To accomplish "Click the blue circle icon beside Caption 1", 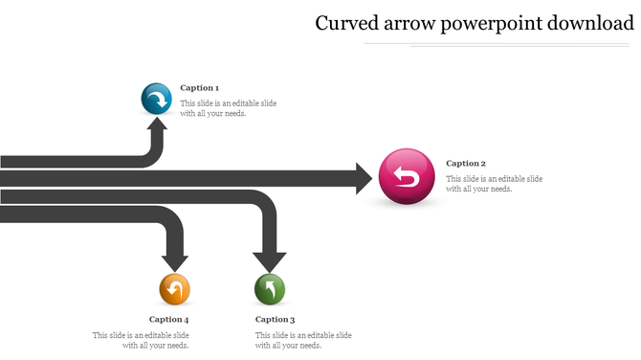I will click(x=156, y=99).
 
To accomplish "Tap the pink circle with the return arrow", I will click(x=407, y=177).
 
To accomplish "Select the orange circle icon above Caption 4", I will click(x=174, y=288).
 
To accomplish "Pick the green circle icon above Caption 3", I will click(x=270, y=288).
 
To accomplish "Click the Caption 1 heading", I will click(x=199, y=88).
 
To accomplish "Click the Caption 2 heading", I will click(x=466, y=164).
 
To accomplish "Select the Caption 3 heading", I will click(x=275, y=320).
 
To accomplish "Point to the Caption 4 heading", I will click(x=168, y=320).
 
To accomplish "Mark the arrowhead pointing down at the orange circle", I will click(x=174, y=259).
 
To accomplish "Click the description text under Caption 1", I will click(x=229, y=108).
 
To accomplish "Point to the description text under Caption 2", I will click(x=494, y=184).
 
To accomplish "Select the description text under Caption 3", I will click(x=302, y=340).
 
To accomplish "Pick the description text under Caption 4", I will click(x=142, y=340).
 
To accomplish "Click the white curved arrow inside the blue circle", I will click(x=158, y=99).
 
